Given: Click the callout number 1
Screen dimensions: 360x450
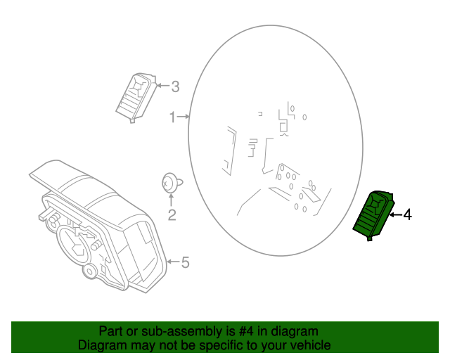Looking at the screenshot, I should pyautogui.click(x=172, y=117).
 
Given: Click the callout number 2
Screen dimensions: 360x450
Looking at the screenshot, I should pyautogui.click(x=171, y=215).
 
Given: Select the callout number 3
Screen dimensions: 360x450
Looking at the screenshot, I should pyautogui.click(x=175, y=87).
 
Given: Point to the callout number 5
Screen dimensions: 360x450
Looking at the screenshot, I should pyautogui.click(x=185, y=263).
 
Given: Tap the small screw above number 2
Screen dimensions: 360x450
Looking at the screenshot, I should pyautogui.click(x=169, y=181).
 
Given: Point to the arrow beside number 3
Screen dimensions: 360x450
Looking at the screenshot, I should pyautogui.click(x=163, y=86).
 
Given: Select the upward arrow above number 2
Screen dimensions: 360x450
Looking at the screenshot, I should pyautogui.click(x=170, y=200).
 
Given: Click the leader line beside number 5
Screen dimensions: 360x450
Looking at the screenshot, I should pyautogui.click(x=173, y=262).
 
